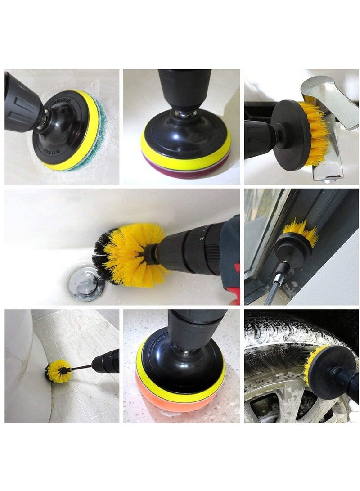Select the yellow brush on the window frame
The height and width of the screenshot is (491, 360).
[301, 230]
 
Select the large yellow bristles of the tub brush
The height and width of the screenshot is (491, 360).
[130, 252]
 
